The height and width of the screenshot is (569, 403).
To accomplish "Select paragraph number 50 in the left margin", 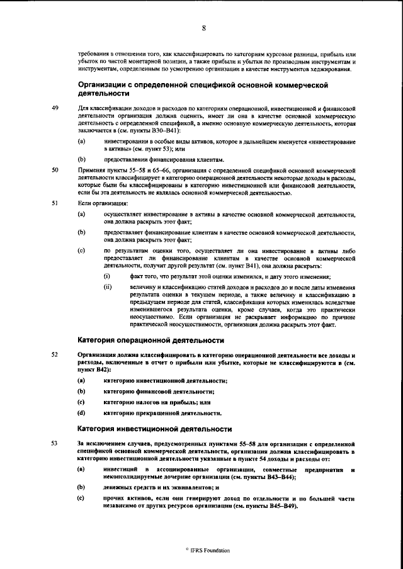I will coord(55,170).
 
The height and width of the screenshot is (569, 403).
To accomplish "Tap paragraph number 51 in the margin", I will coord(55,203).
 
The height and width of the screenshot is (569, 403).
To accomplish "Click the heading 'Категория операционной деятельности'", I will coord(150,341).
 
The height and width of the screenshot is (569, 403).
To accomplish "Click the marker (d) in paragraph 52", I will coord(81,413).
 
